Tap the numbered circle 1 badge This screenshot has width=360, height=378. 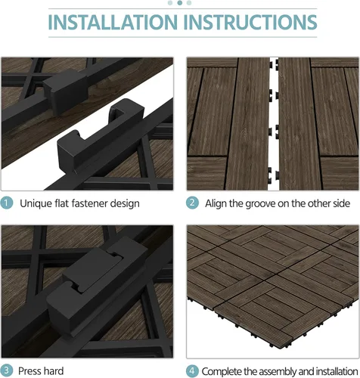[x=7, y=203]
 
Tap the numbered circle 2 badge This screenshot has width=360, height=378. [x=193, y=203]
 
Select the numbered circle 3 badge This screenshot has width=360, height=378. [x=7, y=370]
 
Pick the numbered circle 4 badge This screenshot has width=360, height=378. [x=193, y=370]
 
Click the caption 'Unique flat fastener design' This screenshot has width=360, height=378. [x=79, y=203]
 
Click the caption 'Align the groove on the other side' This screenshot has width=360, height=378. [x=277, y=203]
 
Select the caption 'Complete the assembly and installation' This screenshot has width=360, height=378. [x=279, y=370]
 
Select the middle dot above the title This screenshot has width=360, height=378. [x=180, y=3]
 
